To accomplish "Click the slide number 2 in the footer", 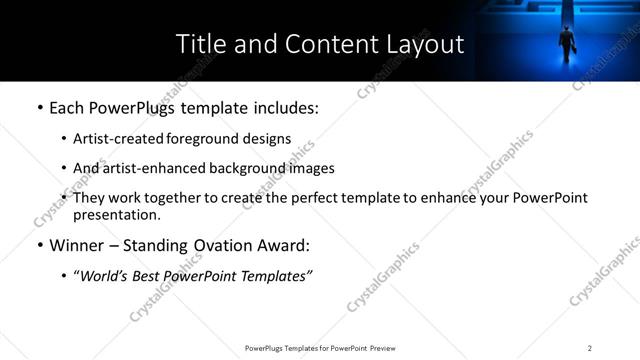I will [589, 347].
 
